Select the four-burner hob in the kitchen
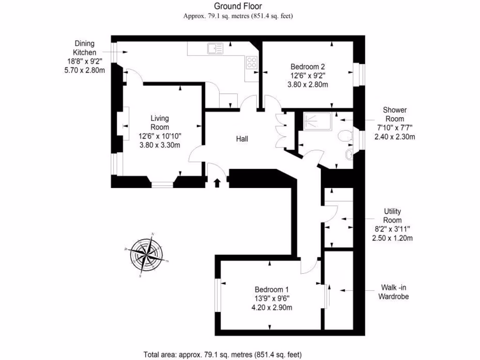[251, 62]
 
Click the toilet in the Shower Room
[345, 135]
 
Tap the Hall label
[242, 139]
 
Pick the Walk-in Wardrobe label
[393, 292]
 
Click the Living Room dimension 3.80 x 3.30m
[160, 145]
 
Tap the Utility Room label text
[392, 216]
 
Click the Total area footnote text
[225, 354]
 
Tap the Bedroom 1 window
[217, 294]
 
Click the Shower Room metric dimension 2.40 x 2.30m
[395, 137]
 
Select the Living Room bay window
[162, 184]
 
